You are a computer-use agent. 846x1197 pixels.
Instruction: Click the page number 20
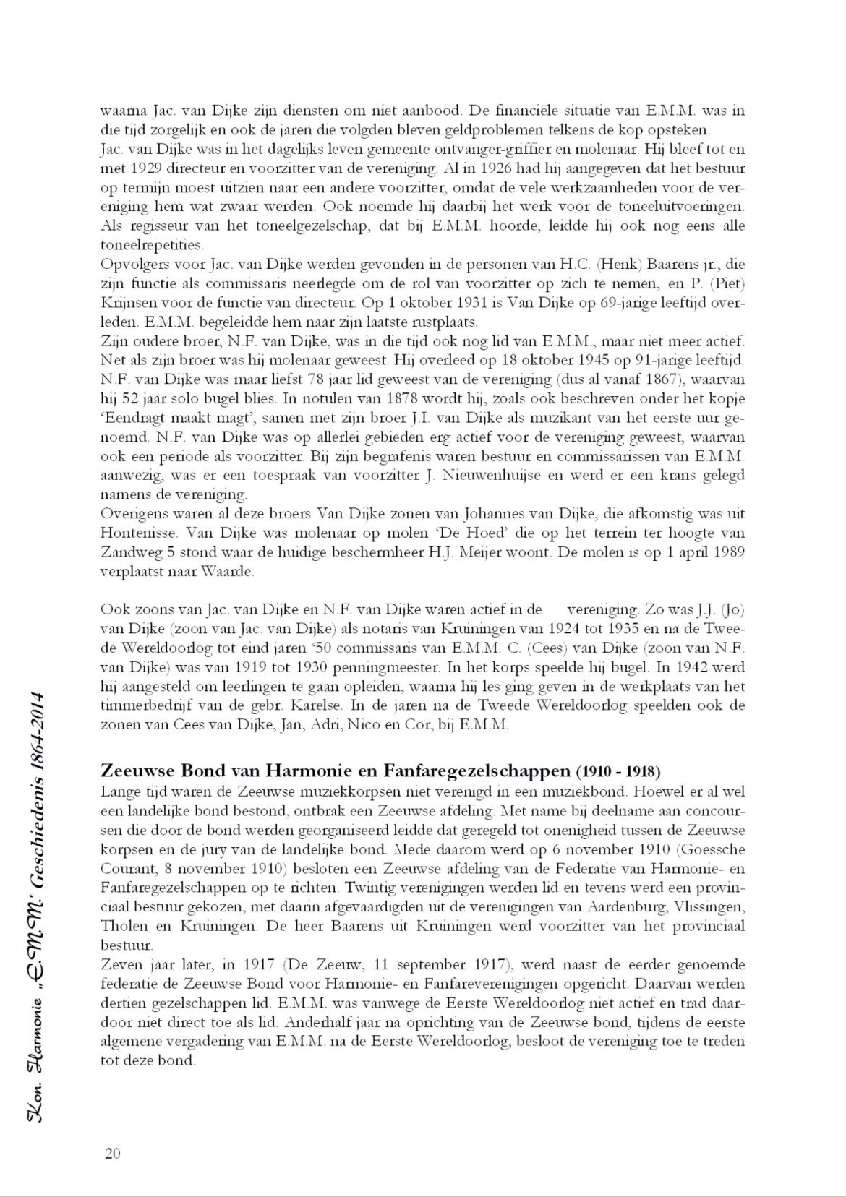[x=112, y=1153]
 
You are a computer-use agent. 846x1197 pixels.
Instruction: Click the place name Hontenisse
[x=136, y=533]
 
